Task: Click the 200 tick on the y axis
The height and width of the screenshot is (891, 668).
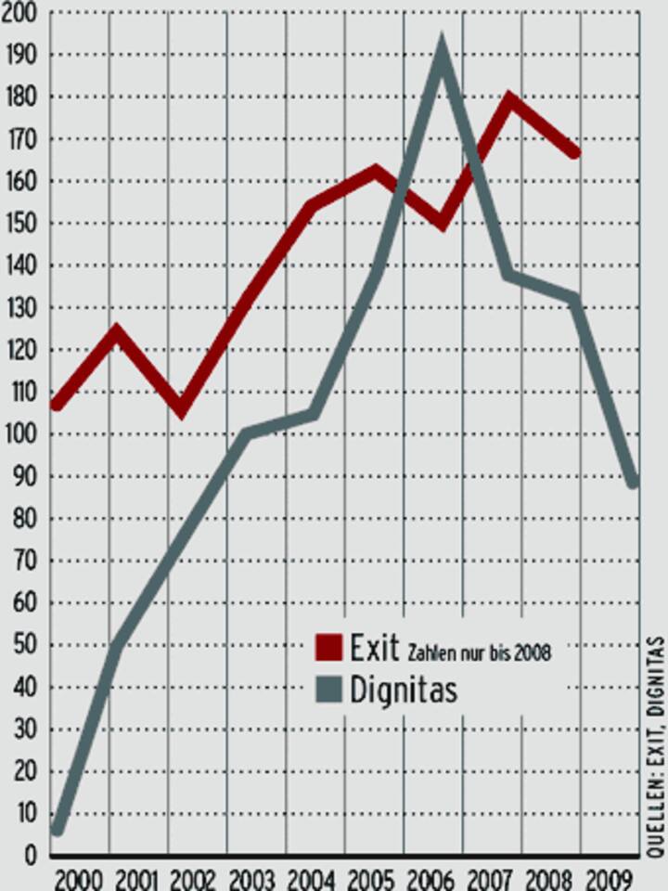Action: [19, 13]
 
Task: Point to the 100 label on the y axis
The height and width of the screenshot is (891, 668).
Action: [19, 434]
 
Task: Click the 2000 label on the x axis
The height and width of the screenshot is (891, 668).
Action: [78, 878]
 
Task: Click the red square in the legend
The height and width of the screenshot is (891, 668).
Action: [328, 647]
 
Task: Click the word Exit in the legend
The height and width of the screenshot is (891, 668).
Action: [374, 647]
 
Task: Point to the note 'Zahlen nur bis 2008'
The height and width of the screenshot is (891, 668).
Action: [479, 652]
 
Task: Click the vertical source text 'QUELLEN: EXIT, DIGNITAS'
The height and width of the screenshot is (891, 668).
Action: [655, 746]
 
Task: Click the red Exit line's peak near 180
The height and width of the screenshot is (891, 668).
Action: [509, 98]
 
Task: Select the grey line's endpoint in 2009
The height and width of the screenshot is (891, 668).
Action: [635, 482]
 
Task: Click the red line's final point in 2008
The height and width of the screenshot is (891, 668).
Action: [576, 152]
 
